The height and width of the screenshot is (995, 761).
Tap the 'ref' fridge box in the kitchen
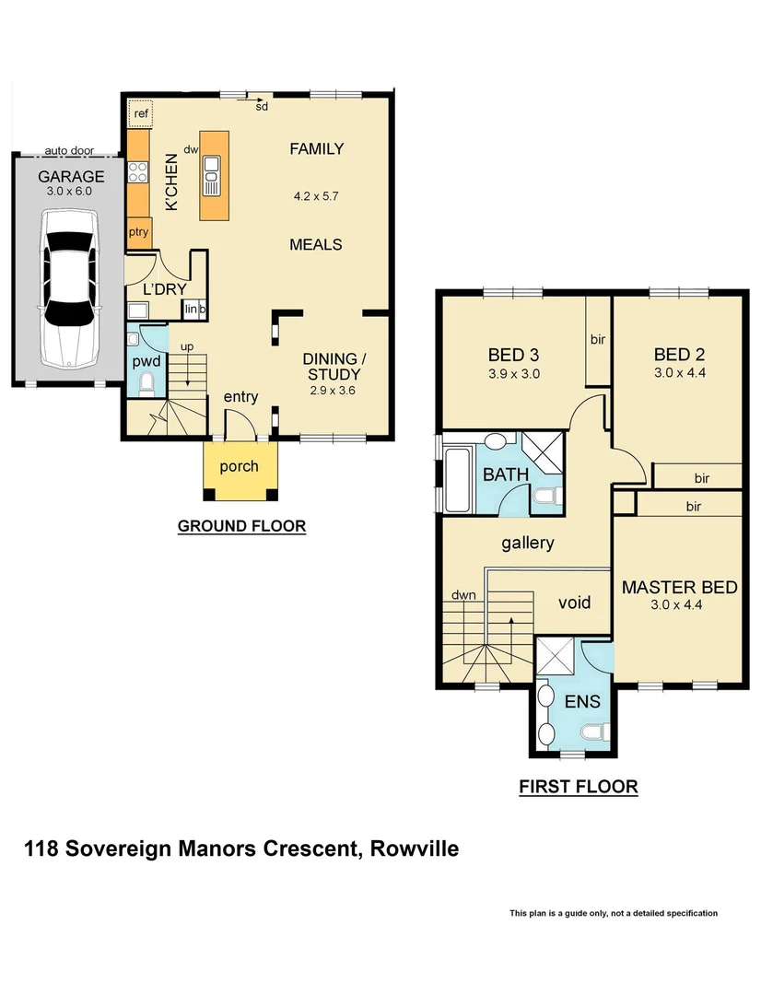[x=141, y=113]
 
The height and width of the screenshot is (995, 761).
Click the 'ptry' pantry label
[x=139, y=232]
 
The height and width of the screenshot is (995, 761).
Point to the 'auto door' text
[x=69, y=150]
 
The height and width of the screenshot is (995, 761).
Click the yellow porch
[x=239, y=467]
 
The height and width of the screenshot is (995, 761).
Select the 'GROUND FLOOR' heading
[x=241, y=526]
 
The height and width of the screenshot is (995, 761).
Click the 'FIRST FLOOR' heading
[x=579, y=787]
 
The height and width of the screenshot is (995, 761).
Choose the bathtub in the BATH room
[x=457, y=479]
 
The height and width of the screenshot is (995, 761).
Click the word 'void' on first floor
[x=575, y=603]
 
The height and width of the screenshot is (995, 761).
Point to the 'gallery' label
[x=528, y=543]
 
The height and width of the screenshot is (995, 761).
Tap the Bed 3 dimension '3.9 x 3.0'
[x=513, y=374]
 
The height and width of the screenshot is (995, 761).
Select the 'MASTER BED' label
[x=680, y=588]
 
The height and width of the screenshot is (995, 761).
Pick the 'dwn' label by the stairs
[x=463, y=595]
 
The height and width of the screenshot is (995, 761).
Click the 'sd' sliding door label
[x=262, y=107]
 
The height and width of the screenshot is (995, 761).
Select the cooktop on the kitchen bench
[x=138, y=171]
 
